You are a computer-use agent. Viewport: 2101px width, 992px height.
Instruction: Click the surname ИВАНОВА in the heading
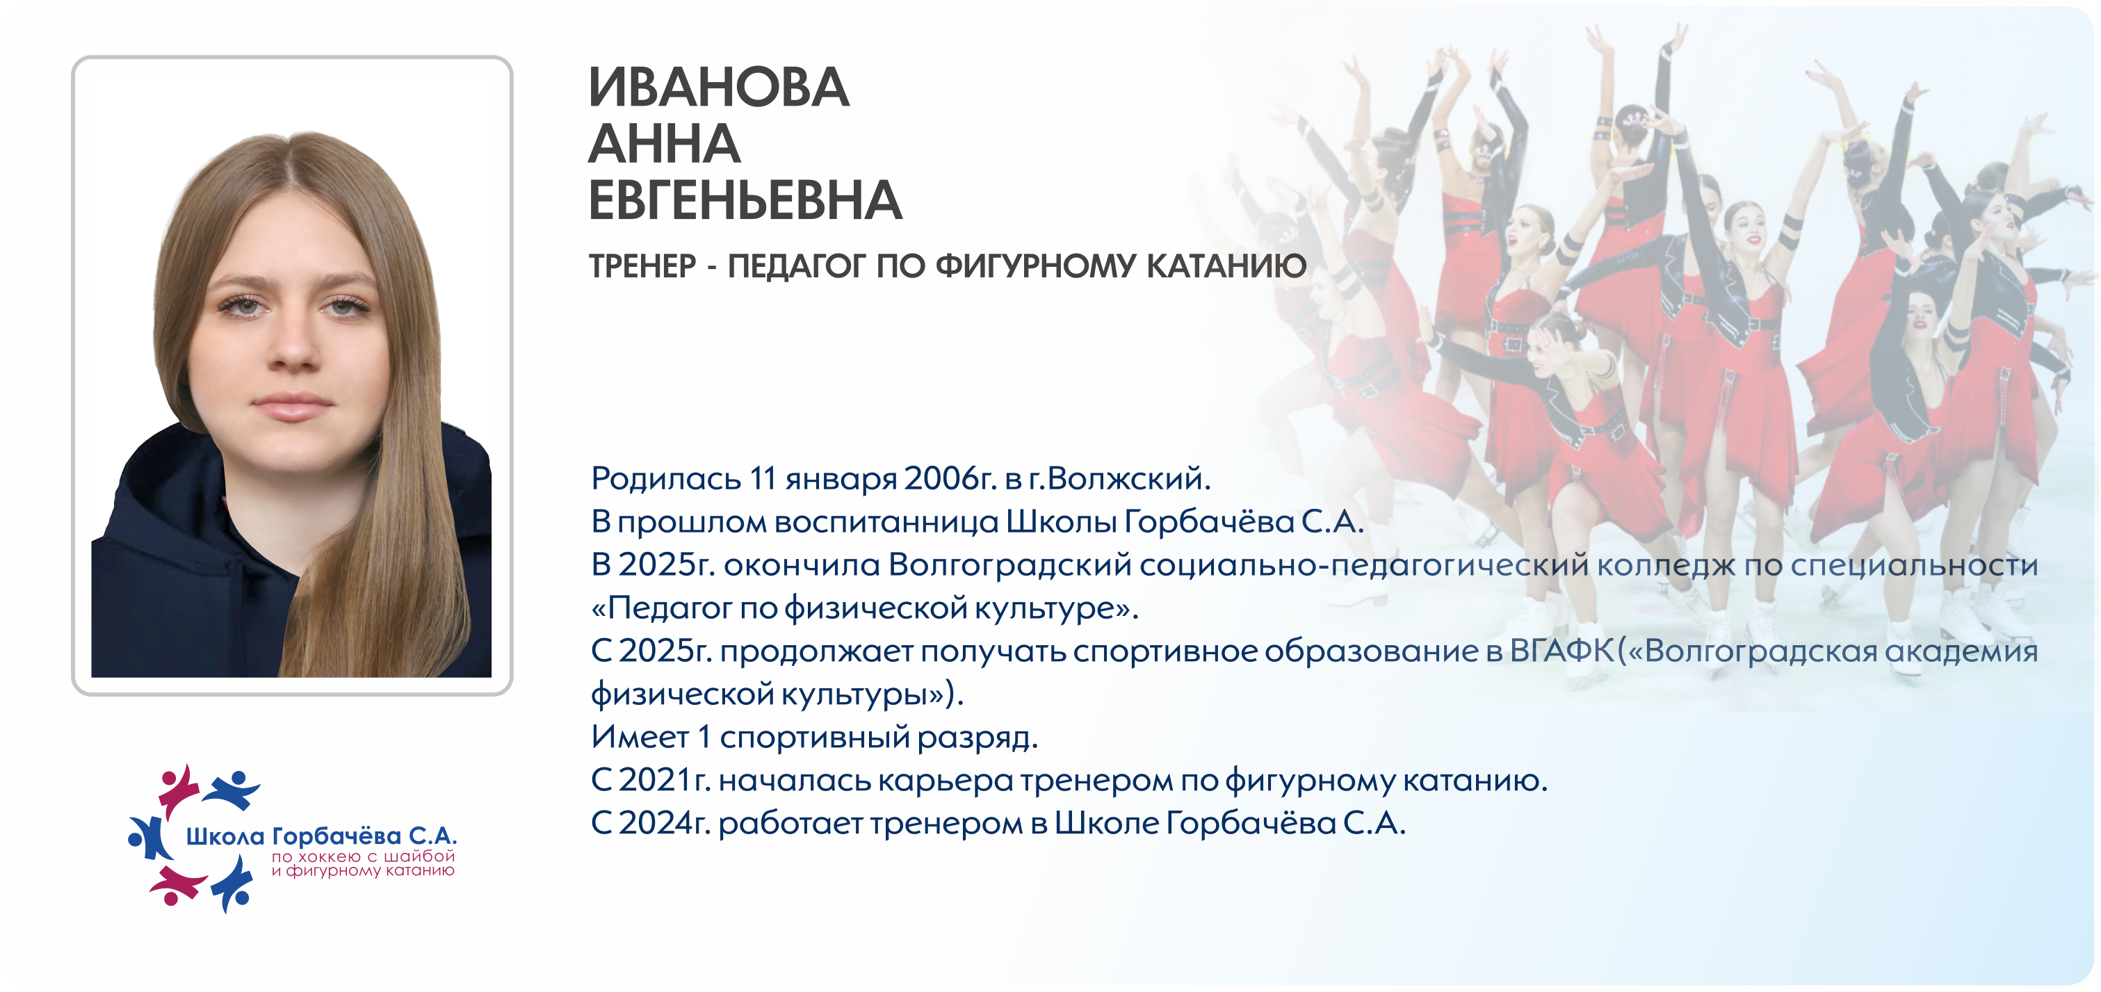(719, 88)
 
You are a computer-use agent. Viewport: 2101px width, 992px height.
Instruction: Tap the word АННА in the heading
(664, 145)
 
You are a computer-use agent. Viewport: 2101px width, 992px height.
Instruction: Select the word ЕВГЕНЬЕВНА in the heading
(745, 201)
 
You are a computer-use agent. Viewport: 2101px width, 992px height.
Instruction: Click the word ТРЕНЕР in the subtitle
(642, 267)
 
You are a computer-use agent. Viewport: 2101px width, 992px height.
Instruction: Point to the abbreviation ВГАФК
(1562, 651)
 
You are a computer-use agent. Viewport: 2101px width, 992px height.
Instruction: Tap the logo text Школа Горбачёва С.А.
(321, 836)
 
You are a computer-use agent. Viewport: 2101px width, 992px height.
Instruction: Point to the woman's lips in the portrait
(292, 405)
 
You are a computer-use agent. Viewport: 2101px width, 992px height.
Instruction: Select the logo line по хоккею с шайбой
(363, 856)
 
